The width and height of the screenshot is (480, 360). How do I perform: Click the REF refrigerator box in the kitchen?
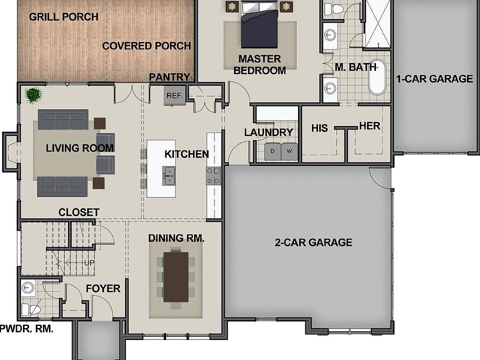(x=174, y=95)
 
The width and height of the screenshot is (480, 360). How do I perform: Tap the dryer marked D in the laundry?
(x=272, y=151)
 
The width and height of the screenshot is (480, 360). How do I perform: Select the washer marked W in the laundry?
(x=289, y=151)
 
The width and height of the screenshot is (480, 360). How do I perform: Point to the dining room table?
(x=175, y=276)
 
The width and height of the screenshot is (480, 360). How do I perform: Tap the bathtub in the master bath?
(x=377, y=77)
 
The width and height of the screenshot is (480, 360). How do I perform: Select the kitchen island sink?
(x=168, y=176)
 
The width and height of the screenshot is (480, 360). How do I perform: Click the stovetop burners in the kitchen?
(x=213, y=176)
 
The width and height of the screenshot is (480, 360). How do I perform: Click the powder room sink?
(x=28, y=288)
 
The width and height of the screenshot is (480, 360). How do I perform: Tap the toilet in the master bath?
(x=336, y=8)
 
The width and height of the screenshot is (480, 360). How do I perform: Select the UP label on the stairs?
(x=89, y=262)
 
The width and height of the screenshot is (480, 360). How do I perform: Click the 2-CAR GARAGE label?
(x=313, y=242)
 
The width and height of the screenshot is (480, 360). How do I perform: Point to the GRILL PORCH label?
(x=63, y=16)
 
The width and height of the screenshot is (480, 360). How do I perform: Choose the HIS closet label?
(x=319, y=128)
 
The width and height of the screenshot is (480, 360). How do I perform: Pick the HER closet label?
(x=369, y=126)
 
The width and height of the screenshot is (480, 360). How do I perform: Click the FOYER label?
(x=103, y=288)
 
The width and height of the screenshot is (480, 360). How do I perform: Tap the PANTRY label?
(x=169, y=77)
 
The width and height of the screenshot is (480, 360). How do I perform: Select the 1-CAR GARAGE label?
(x=434, y=78)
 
